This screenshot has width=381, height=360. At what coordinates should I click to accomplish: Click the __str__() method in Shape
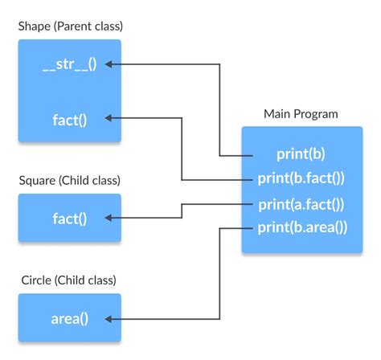[69, 64]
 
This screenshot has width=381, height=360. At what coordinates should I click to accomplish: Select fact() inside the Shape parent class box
[69, 120]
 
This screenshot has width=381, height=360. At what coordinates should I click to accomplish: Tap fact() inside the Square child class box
[69, 218]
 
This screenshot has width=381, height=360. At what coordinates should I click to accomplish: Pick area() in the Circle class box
[69, 318]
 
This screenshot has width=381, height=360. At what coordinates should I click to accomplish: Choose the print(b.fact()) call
[301, 178]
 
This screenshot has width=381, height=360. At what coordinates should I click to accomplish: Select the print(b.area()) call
[301, 227]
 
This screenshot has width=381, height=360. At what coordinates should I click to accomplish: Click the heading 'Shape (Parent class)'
[71, 27]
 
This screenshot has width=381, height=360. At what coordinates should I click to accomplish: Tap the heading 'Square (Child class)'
[70, 180]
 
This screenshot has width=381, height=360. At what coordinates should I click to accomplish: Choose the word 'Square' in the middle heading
[38, 180]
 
